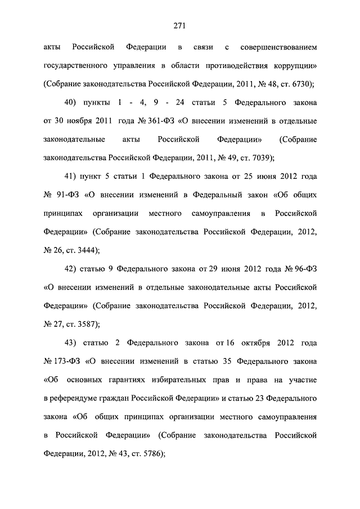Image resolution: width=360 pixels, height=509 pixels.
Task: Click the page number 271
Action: click(180, 25)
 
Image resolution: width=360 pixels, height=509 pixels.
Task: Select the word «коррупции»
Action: click(294, 66)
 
